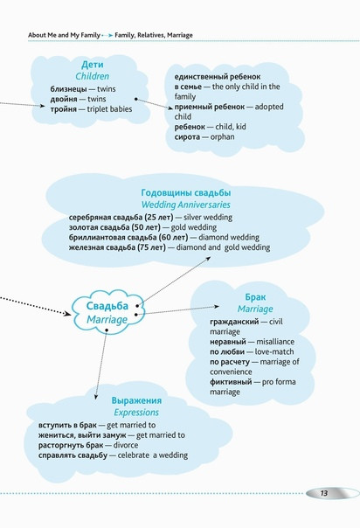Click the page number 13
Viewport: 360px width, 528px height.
point(323,493)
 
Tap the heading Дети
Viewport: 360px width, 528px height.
point(93,65)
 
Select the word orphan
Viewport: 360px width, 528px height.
point(223,137)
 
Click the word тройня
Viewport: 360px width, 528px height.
point(63,109)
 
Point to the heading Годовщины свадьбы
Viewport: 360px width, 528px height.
point(186,193)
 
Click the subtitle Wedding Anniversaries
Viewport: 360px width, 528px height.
point(186,205)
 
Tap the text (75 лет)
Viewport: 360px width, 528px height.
point(151,247)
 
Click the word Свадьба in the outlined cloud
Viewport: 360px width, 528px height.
point(107,306)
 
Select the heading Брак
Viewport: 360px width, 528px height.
point(255,297)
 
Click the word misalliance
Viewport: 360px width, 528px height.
point(275,342)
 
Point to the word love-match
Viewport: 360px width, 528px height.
point(274,352)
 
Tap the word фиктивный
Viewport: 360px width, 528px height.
point(231,382)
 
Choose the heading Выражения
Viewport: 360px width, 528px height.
point(136,400)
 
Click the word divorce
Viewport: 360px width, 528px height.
point(126,445)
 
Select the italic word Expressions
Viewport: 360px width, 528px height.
point(136,413)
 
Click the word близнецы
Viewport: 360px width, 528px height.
point(68,89)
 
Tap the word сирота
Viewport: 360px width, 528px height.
point(187,137)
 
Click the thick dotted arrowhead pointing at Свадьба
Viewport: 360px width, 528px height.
point(67,314)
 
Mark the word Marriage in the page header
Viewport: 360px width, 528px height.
point(180,35)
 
